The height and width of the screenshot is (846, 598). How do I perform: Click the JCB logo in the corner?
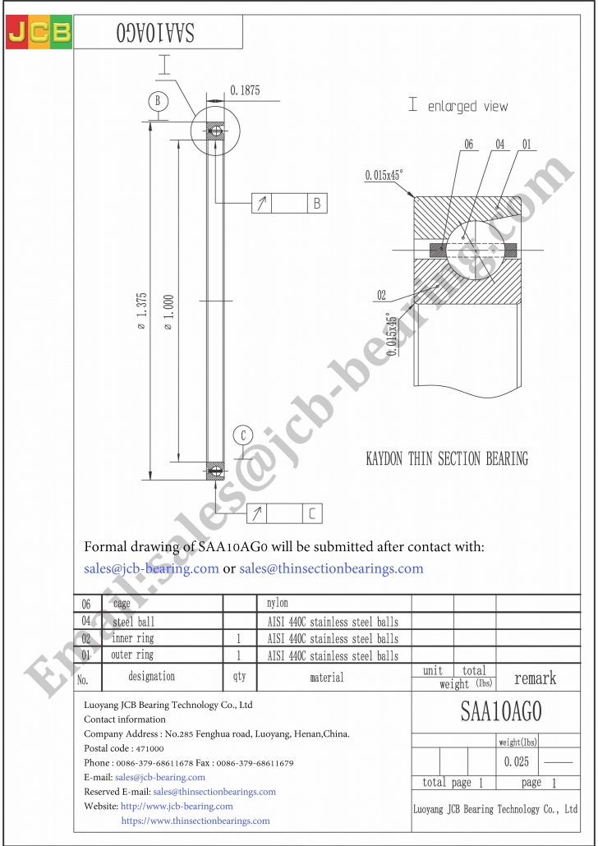[39, 33]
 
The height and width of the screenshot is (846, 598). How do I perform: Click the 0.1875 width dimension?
[245, 91]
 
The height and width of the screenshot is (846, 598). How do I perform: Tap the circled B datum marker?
[159, 102]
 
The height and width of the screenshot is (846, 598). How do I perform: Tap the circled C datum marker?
[243, 435]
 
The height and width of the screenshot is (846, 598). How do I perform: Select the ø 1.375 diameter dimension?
[141, 311]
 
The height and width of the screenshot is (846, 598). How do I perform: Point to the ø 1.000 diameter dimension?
[168, 311]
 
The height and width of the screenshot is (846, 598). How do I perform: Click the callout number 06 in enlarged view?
[468, 145]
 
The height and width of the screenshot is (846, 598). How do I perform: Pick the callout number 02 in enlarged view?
[382, 295]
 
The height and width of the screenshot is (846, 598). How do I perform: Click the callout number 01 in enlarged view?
[526, 145]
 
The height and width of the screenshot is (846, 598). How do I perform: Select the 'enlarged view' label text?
[467, 106]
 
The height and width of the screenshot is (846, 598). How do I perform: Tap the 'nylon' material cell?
[278, 604]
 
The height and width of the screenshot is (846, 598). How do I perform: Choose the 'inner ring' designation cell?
[132, 638]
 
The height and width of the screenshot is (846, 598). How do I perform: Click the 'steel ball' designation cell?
[132, 622]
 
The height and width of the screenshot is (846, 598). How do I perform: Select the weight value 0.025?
[517, 761]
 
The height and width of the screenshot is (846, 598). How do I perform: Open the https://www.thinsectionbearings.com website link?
[195, 821]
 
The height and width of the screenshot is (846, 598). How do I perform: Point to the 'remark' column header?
[535, 678]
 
